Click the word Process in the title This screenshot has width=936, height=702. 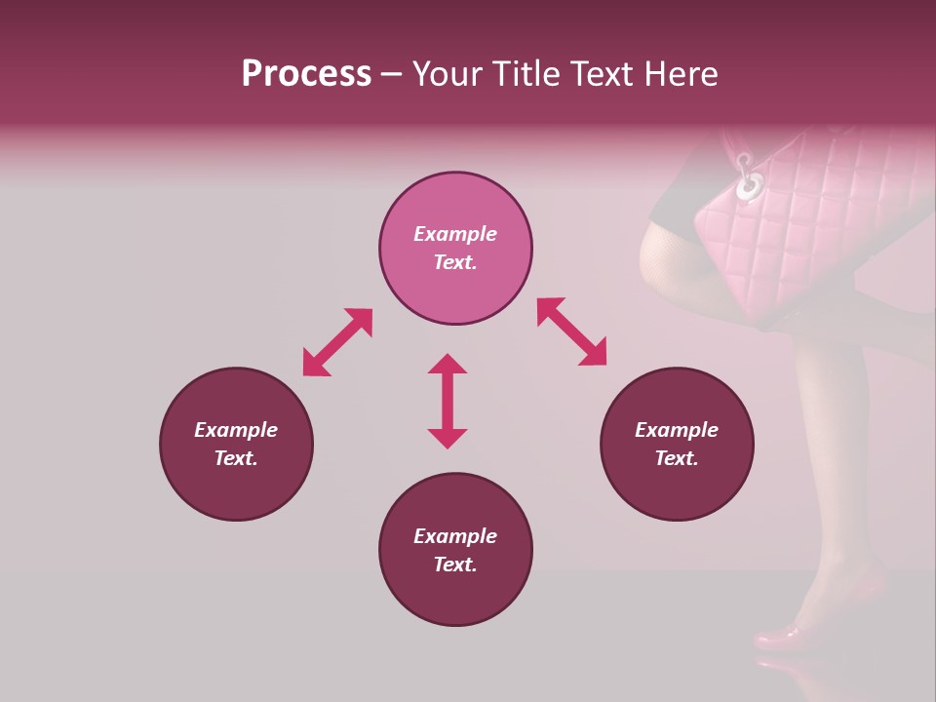(306, 74)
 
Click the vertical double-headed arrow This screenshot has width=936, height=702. (448, 401)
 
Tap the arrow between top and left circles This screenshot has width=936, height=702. (337, 341)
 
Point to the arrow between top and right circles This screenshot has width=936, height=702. (571, 331)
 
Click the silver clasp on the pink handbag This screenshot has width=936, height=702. (749, 180)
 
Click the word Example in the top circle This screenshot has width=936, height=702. (455, 234)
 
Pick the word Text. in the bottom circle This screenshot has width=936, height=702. (455, 565)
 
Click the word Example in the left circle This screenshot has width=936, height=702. (236, 430)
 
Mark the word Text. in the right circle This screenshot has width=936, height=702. (677, 458)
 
